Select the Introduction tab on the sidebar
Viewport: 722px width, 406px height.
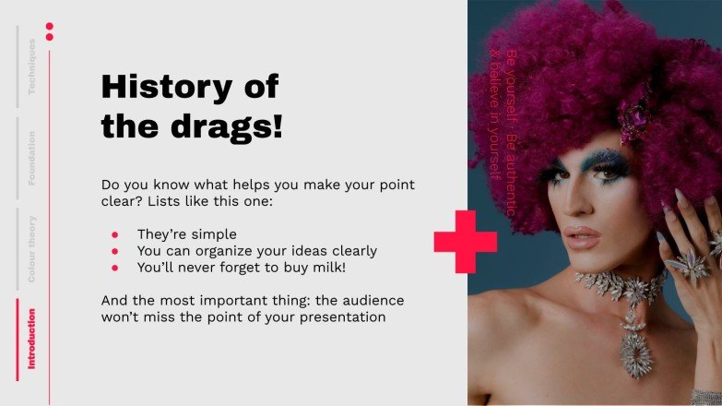(31, 339)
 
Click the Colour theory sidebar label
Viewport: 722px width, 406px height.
(31, 247)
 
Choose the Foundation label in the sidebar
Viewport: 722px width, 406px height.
(31, 158)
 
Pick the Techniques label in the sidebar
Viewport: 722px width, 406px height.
(31, 66)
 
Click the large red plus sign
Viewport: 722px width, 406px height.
(466, 242)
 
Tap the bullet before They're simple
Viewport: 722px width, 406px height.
(114, 234)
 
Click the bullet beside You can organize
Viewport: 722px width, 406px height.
(114, 251)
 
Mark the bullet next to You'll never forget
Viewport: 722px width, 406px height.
(114, 268)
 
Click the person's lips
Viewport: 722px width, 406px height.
(583, 235)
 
